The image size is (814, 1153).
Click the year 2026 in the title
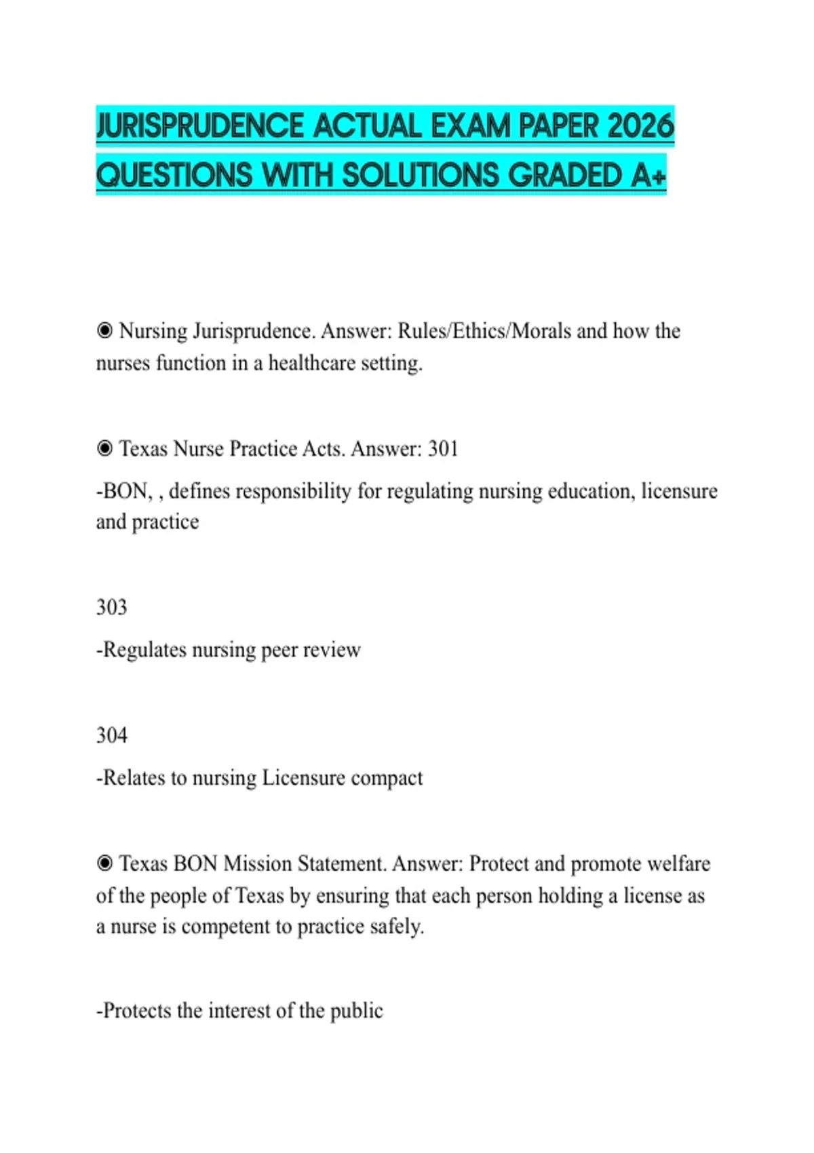coord(640,126)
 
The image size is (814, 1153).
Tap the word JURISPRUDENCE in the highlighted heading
coord(201,126)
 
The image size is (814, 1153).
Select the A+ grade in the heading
coord(648,175)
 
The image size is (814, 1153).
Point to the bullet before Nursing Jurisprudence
coord(104,331)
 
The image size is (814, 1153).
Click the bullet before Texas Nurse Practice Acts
coord(104,448)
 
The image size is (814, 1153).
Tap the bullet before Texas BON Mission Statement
coord(104,863)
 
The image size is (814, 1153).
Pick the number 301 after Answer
coord(443,448)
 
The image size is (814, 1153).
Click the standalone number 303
coord(111,607)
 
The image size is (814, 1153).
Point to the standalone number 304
coord(111,735)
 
